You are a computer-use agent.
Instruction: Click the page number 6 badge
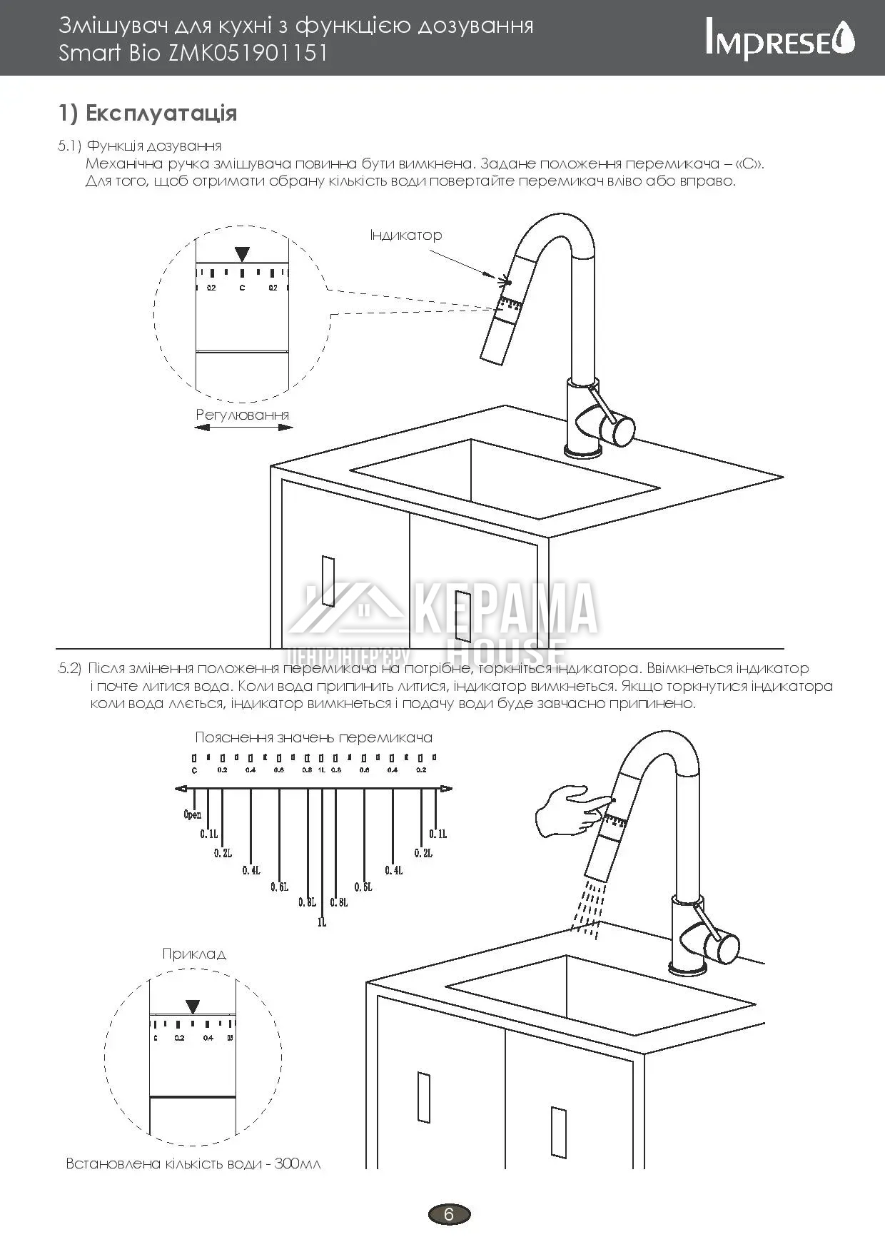449,1213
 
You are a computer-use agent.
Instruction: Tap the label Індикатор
405,235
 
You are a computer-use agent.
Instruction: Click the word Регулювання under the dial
243,415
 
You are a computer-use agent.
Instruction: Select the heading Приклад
194,954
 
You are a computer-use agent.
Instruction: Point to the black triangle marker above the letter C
243,254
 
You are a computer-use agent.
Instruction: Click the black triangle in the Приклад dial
193,1006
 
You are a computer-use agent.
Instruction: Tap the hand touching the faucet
567,810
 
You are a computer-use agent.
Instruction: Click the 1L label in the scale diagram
322,922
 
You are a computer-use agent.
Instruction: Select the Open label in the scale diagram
193,814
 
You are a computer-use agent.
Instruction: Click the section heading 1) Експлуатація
148,113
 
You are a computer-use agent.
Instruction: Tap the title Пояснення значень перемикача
313,737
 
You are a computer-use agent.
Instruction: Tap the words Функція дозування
153,146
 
